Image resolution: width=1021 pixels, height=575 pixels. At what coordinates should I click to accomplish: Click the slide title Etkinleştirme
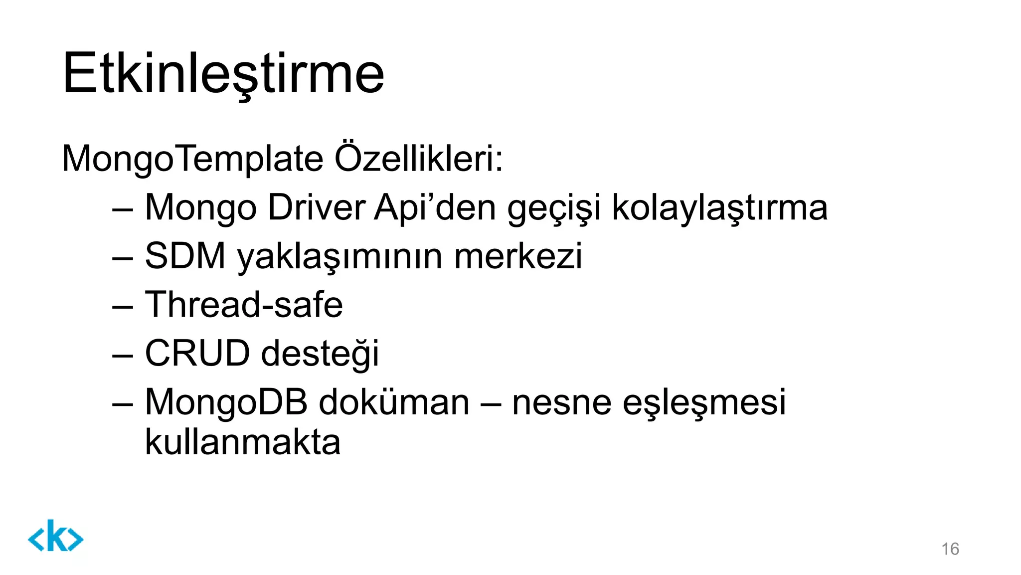click(223, 73)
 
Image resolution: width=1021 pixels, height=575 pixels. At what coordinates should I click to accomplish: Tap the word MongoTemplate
click(192, 159)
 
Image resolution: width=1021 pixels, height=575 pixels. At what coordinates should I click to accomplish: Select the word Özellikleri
click(418, 159)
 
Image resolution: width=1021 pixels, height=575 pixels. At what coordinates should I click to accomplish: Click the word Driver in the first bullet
click(317, 207)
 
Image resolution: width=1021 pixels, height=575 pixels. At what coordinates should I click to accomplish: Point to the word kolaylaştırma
click(719, 207)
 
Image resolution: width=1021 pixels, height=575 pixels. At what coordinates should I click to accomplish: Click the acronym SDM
click(185, 256)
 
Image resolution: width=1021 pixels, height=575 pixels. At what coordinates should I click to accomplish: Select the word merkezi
click(518, 256)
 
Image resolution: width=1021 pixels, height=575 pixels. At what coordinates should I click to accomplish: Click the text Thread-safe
click(244, 304)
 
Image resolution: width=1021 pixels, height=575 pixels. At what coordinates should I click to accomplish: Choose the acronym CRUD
click(197, 353)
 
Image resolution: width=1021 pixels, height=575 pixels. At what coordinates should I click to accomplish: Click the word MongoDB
click(226, 402)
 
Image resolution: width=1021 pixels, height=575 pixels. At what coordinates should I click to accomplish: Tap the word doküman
click(394, 402)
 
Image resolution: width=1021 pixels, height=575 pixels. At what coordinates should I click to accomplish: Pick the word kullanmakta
click(242, 442)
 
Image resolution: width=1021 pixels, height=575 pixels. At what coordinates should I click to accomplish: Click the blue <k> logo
click(55, 536)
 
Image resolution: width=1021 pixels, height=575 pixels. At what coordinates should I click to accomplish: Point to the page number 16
click(950, 549)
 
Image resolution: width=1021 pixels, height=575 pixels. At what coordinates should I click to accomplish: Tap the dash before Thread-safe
click(123, 306)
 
